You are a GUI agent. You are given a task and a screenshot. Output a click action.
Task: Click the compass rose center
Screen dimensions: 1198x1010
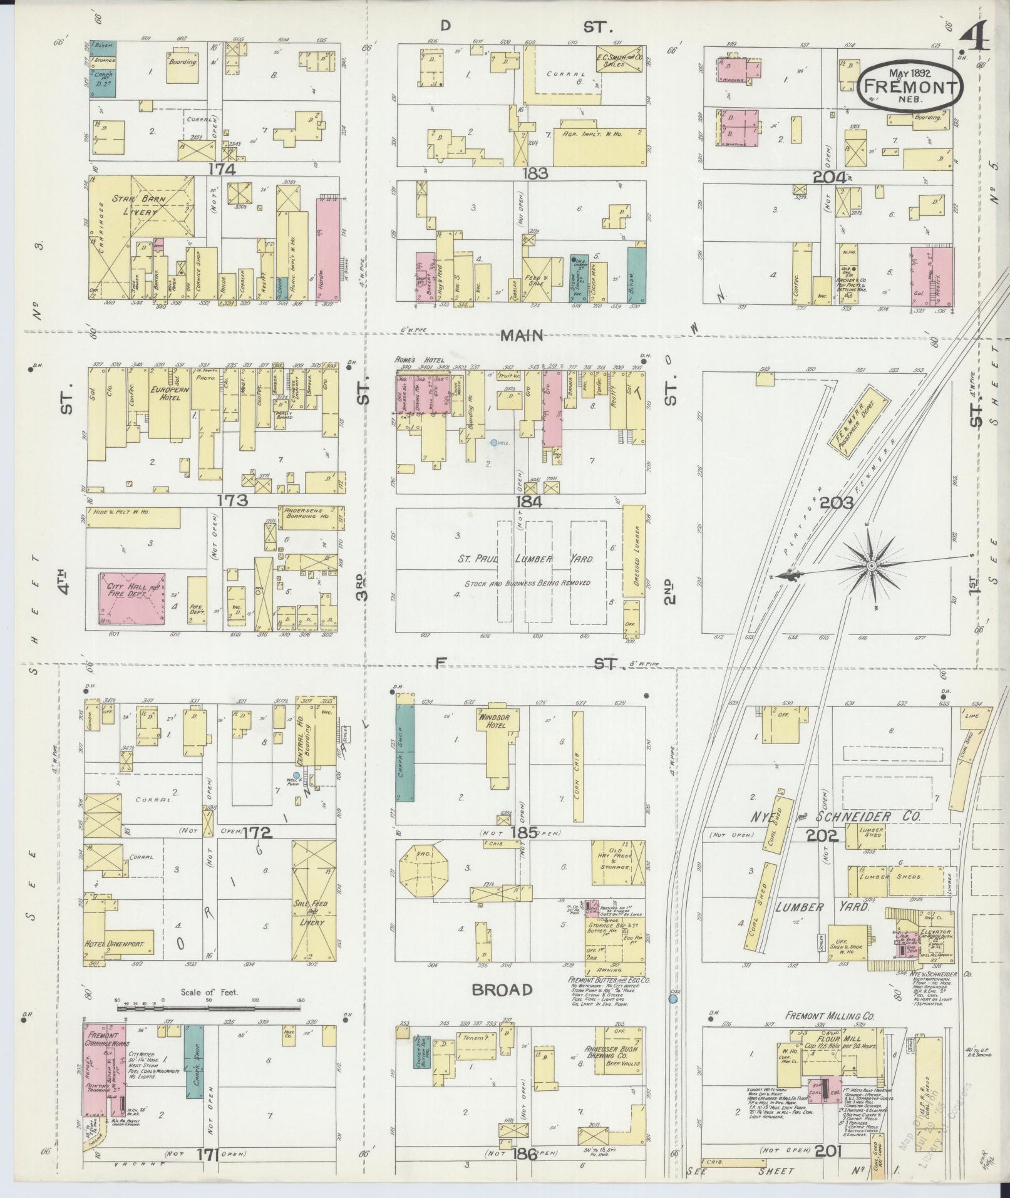870,565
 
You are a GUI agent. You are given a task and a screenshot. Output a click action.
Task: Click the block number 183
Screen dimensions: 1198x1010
537,173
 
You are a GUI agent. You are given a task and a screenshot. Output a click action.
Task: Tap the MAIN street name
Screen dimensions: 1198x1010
521,336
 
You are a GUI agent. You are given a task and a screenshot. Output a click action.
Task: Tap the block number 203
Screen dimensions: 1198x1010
837,503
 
